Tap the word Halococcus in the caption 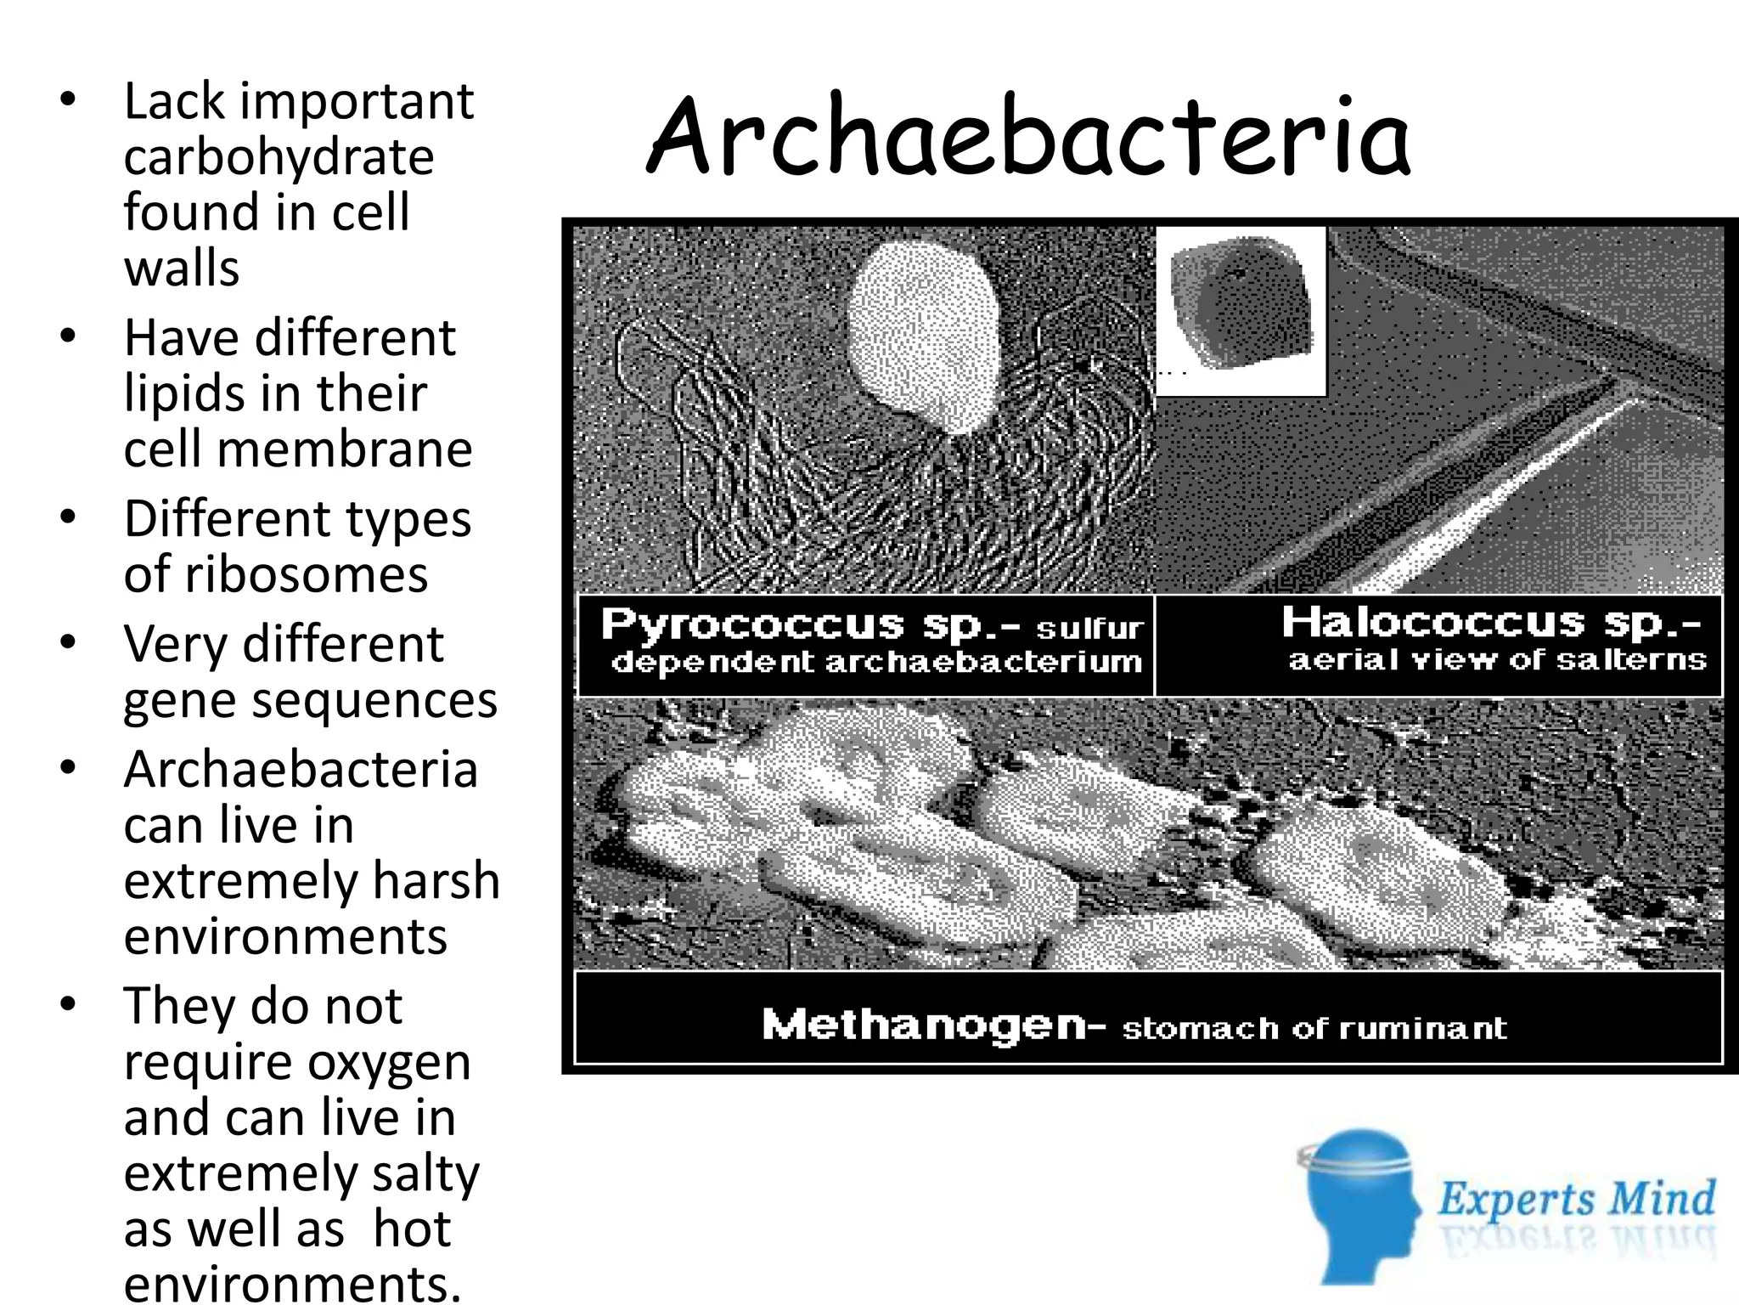(x=1433, y=622)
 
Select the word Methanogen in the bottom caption (x=924, y=1025)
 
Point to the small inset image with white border (x=1241, y=311)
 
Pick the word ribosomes (x=306, y=574)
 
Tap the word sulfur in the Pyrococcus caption (x=1089, y=629)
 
